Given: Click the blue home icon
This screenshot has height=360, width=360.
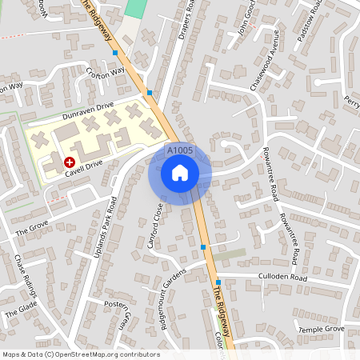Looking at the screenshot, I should (x=180, y=172).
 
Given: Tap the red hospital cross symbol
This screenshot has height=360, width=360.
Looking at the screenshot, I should (x=70, y=162).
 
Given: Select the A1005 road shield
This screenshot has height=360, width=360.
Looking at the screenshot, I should (x=180, y=150).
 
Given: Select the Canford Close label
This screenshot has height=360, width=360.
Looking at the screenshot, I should (x=155, y=225).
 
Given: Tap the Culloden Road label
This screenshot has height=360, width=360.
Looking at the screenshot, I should (x=282, y=277).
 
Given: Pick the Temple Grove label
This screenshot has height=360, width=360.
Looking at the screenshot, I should (x=321, y=329).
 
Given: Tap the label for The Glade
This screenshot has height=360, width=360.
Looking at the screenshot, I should (x=22, y=307).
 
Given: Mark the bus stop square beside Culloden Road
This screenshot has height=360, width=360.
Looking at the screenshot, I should (x=218, y=282).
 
